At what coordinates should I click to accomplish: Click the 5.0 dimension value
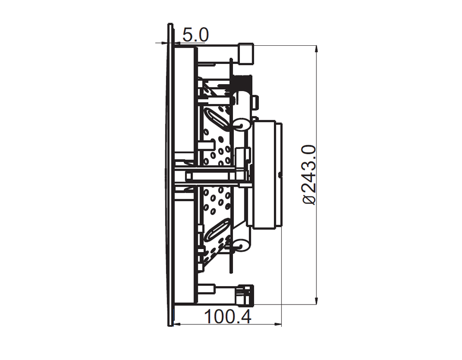195,35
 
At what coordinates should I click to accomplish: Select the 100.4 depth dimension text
227,317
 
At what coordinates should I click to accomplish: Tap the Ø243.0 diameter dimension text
310,175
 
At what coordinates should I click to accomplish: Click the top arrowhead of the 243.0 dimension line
316,50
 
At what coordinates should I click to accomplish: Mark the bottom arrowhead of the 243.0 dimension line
316,300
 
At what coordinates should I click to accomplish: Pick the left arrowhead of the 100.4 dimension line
178,324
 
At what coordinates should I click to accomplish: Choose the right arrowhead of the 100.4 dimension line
278,324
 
